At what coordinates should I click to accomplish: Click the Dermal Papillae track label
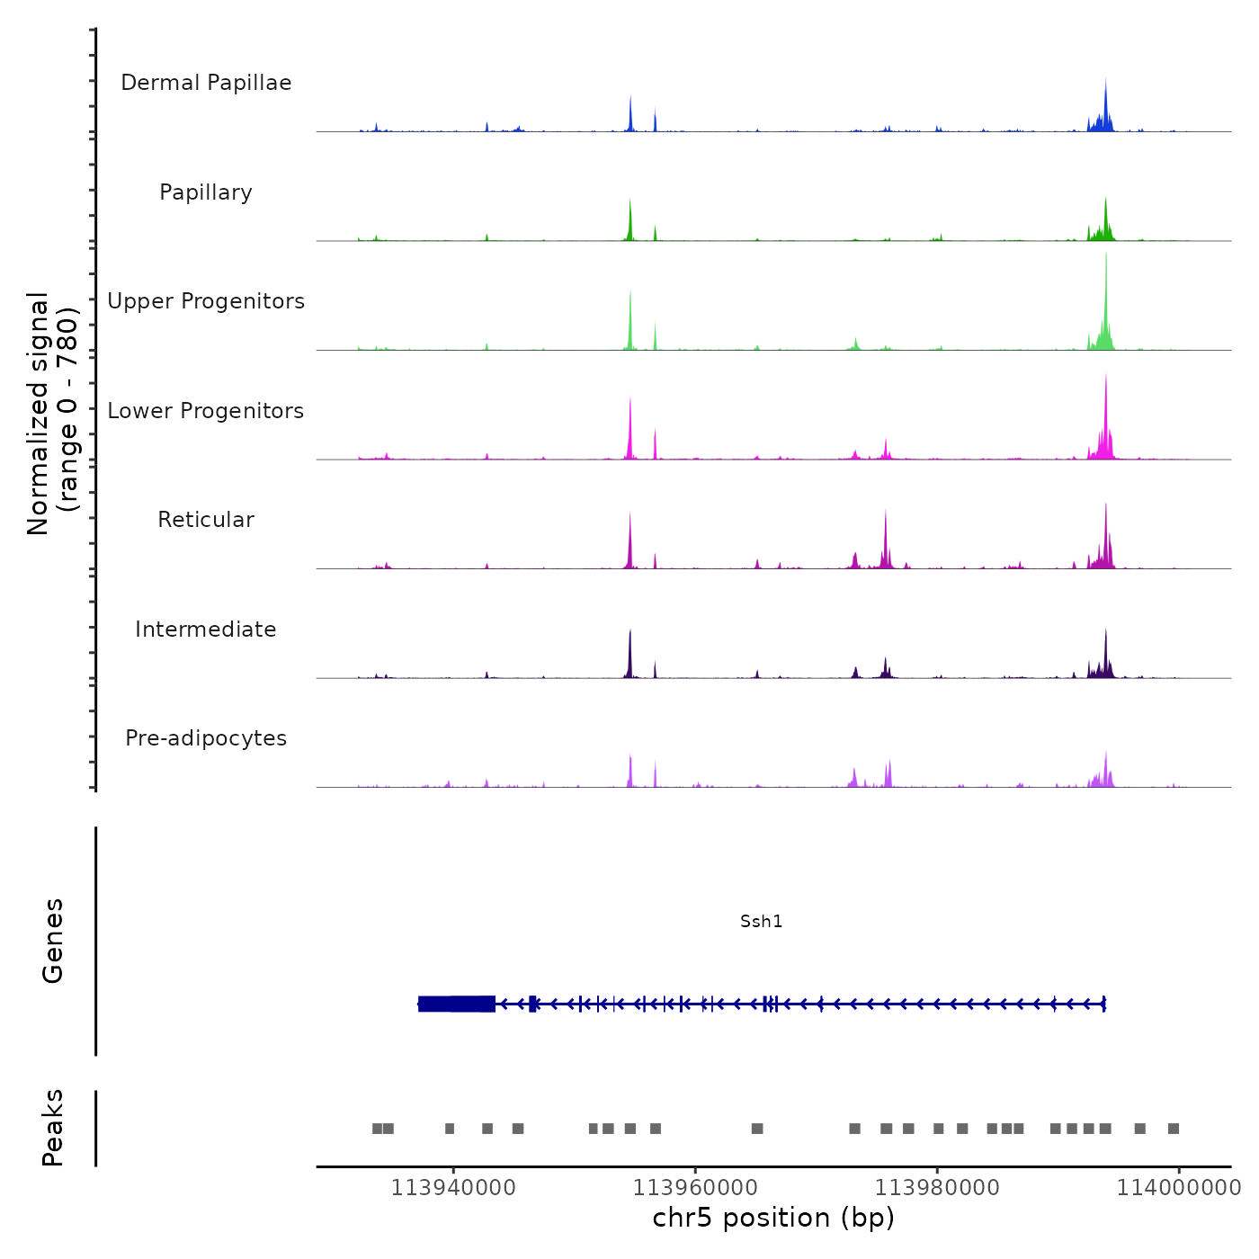[206, 83]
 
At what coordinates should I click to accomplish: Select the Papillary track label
[206, 192]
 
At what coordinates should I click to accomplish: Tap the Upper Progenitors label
[206, 301]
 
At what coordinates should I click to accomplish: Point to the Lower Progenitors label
[206, 411]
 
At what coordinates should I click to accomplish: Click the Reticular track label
[206, 520]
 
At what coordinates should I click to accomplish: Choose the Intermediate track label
[206, 629]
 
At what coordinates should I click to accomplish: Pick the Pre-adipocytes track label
[206, 738]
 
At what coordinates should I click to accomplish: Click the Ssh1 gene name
[761, 921]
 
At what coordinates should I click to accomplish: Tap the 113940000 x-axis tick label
[453, 1188]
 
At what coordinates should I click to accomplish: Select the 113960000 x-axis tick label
[695, 1188]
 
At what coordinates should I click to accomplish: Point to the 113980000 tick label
[937, 1188]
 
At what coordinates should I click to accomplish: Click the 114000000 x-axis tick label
[1179, 1188]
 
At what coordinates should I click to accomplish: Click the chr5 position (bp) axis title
[773, 1218]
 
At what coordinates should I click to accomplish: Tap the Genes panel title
[53, 941]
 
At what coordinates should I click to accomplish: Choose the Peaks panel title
[53, 1128]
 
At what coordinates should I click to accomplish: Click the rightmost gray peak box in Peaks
[1173, 1129]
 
